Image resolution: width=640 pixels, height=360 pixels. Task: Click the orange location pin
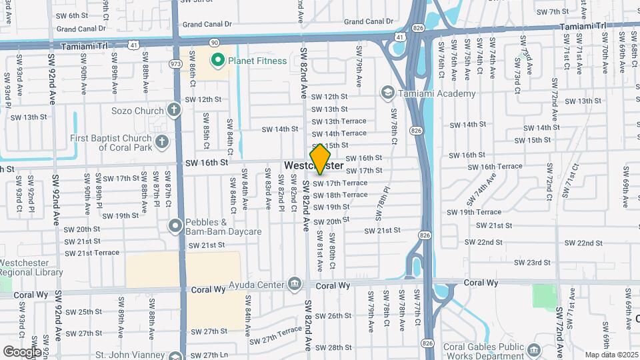click(x=321, y=159)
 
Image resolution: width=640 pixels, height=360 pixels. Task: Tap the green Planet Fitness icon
click(x=217, y=61)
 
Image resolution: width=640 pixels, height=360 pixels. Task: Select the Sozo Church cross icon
click(x=174, y=110)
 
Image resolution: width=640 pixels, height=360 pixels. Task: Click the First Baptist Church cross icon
click(x=161, y=141)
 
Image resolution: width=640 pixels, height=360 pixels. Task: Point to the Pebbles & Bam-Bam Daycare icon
click(x=175, y=227)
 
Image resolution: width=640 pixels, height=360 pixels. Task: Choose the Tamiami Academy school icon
click(x=388, y=93)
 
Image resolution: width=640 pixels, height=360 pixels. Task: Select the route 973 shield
click(x=176, y=64)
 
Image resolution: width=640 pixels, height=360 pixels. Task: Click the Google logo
click(x=22, y=351)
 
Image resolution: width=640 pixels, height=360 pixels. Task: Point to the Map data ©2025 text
click(x=611, y=355)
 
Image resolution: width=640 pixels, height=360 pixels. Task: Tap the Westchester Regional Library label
click(x=31, y=267)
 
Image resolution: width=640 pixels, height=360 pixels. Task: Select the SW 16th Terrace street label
click(x=501, y=167)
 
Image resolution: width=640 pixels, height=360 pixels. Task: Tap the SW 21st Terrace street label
click(x=92, y=253)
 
